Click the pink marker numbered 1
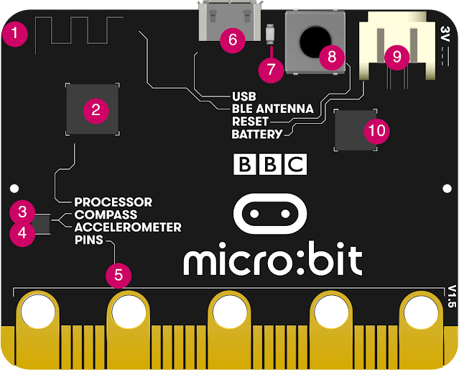[14, 34]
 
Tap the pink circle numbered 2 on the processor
[95, 109]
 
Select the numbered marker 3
[23, 212]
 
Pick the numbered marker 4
[23, 233]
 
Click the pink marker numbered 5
[119, 274]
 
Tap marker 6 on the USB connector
[231, 40]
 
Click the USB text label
[244, 96]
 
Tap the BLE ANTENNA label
[272, 109]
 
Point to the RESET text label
[250, 122]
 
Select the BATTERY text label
[256, 135]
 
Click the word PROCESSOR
[113, 202]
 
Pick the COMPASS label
[106, 215]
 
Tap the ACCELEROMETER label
[128, 227]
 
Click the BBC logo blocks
[270, 164]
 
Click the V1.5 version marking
[450, 296]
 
